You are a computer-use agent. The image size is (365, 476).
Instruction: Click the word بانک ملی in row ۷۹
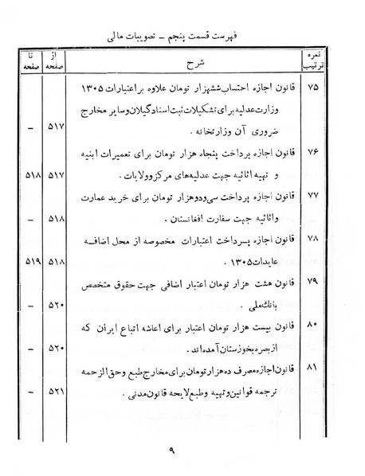pos(274,304)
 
